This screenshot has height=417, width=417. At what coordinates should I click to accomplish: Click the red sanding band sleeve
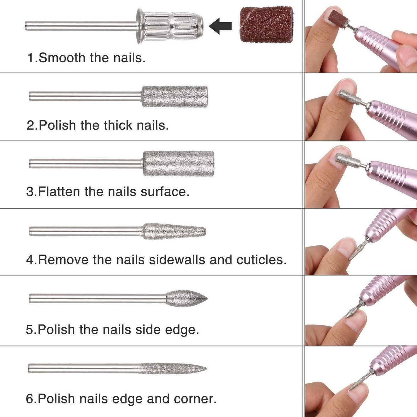pos(266,25)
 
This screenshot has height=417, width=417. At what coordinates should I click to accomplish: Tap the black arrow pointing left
pos(220,26)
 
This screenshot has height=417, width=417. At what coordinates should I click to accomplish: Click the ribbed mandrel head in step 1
pos(170,26)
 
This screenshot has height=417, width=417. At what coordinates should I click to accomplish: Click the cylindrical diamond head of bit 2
pos(175,96)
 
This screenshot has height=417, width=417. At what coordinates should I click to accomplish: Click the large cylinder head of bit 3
pos(179,164)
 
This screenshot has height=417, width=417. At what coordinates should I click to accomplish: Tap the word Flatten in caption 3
pos(59,192)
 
